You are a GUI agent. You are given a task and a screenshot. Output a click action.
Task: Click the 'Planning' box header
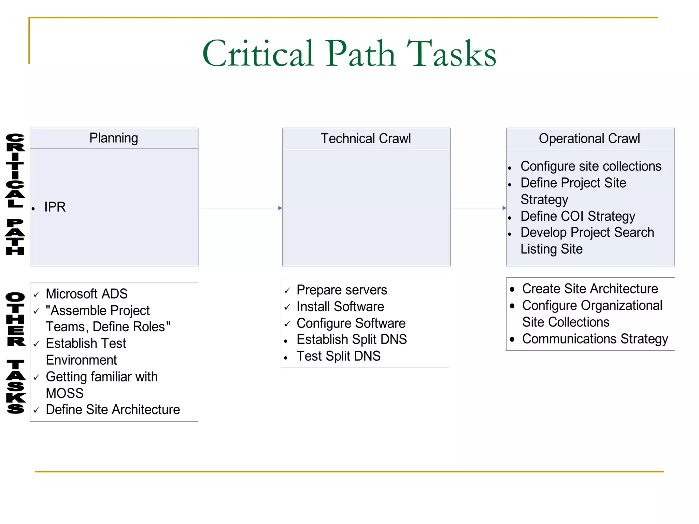tap(114, 138)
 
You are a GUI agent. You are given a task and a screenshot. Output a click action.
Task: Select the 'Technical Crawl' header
tap(366, 139)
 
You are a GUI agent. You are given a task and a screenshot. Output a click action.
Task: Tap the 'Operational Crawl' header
tap(589, 139)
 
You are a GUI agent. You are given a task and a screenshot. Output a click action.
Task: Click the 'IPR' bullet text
tap(55, 207)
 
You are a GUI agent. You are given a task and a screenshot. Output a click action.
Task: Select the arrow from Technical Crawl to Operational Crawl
tap(478, 208)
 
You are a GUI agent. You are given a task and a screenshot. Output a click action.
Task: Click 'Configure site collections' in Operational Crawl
tap(591, 166)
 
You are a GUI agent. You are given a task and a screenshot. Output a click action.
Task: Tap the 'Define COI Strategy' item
tap(577, 216)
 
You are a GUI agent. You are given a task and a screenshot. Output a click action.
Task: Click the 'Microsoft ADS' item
tap(87, 294)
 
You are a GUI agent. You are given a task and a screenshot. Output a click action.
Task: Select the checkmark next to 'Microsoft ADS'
tap(37, 294)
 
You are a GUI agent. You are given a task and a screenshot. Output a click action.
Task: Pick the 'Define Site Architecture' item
tap(113, 409)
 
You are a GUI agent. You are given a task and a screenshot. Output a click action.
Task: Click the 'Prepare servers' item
tap(342, 290)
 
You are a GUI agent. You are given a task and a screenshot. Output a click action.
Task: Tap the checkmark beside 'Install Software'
tap(287, 307)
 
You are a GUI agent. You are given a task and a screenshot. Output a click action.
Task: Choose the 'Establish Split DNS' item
tap(352, 339)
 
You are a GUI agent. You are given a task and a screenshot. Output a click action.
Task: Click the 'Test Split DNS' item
tap(338, 356)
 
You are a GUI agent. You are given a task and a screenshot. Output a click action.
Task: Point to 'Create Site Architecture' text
tap(590, 289)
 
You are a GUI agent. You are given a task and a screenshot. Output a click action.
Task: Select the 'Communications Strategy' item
tap(595, 339)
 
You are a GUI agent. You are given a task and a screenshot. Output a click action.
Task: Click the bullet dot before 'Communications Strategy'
tap(512, 339)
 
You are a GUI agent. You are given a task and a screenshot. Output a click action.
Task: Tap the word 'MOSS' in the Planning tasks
tap(65, 393)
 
